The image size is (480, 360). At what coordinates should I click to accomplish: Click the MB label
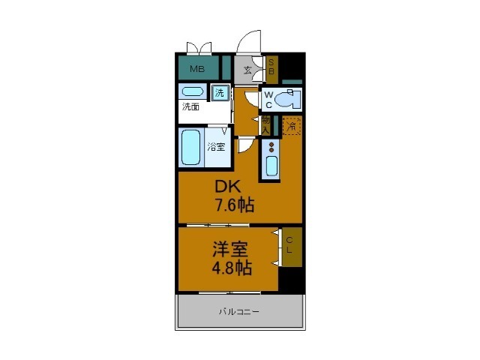click(x=196, y=70)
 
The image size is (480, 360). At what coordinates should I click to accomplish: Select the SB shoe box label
click(x=271, y=68)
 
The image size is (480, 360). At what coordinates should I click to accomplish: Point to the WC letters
click(x=268, y=100)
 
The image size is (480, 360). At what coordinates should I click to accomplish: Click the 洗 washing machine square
click(x=220, y=94)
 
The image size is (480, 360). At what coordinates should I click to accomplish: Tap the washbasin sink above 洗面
click(x=193, y=91)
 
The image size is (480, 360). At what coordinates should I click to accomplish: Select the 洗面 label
click(x=190, y=106)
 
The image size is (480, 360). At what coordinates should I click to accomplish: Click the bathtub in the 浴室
click(x=191, y=148)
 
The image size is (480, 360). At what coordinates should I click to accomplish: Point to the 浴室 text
click(x=216, y=147)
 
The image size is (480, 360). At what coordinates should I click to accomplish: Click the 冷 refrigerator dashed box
click(x=292, y=125)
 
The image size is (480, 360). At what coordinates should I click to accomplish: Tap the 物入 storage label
click(x=266, y=124)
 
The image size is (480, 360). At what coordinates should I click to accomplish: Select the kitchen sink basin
click(x=270, y=165)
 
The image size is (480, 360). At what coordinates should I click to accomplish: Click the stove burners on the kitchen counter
click(x=270, y=146)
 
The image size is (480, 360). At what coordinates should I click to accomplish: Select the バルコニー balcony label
click(x=240, y=310)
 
